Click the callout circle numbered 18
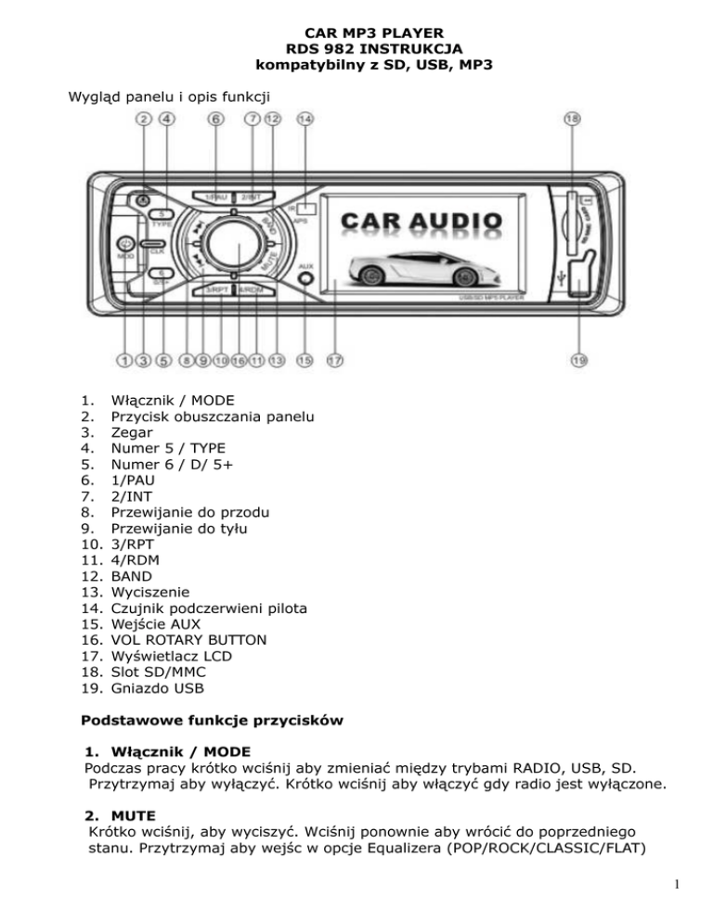click(x=574, y=119)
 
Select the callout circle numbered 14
click(x=305, y=119)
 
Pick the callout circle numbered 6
click(x=215, y=119)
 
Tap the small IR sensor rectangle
click(x=306, y=208)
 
